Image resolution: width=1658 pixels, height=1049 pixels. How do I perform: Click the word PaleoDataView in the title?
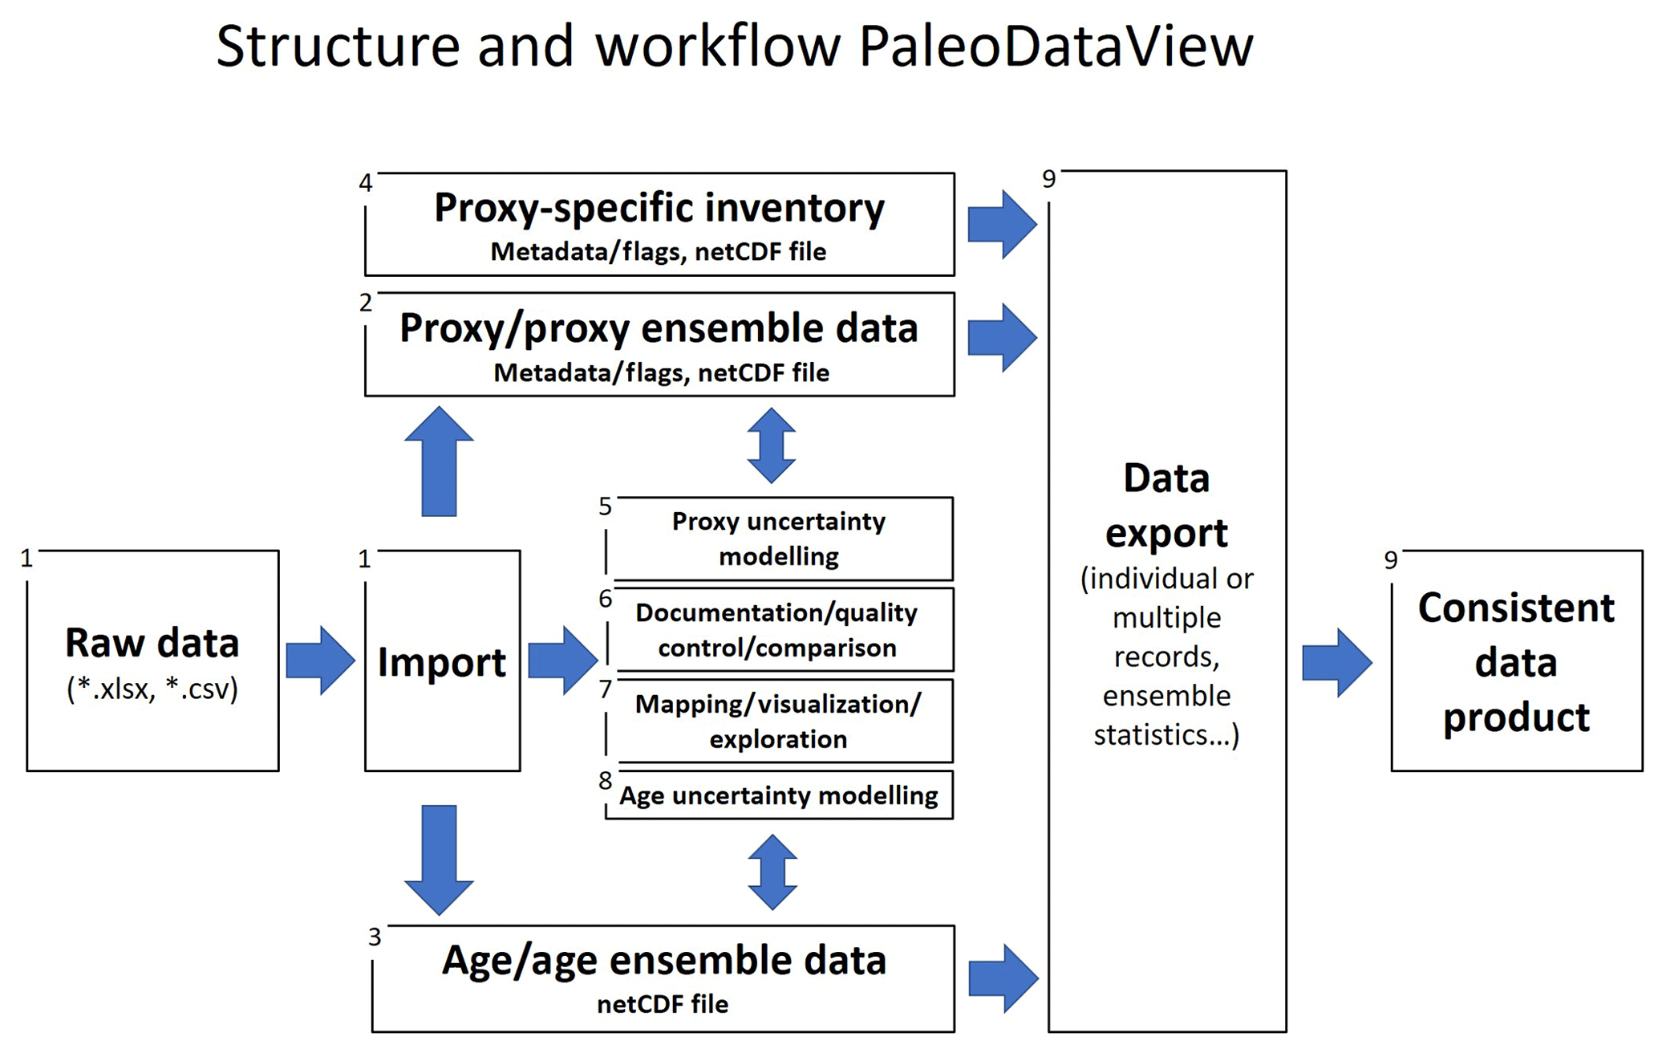pos(1055,47)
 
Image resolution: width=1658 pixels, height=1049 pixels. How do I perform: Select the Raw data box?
pos(152,661)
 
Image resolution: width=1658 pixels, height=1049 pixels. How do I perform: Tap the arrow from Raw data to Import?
pos(320,661)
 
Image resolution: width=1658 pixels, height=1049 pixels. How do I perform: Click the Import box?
pos(442,661)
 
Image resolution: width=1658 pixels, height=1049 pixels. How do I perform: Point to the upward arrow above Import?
pos(439,461)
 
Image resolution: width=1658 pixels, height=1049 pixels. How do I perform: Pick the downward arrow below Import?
pos(439,860)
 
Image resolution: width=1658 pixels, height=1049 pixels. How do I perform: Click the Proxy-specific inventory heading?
pos(659,208)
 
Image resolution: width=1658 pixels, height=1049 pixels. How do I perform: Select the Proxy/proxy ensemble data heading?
pos(659,328)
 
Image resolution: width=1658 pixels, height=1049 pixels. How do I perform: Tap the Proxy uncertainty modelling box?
pos(778,539)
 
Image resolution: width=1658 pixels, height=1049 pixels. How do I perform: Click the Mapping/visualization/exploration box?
pos(778,722)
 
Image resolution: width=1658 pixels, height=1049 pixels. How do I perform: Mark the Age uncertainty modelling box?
pos(778,795)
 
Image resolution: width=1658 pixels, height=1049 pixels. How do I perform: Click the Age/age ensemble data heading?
pos(663,960)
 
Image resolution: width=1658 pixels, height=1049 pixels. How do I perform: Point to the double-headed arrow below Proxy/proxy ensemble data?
pos(771,445)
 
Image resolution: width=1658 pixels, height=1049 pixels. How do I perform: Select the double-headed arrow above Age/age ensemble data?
pos(772,872)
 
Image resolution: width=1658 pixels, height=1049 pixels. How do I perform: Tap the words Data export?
pos(1166,506)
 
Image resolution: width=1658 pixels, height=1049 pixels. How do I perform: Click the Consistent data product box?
pos(1516,661)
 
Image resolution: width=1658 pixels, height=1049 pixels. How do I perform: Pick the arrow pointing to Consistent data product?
pos(1336,663)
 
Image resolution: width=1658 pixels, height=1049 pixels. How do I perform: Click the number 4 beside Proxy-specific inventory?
pos(366,183)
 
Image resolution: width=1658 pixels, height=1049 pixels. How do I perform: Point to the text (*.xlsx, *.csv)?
pos(152,689)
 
